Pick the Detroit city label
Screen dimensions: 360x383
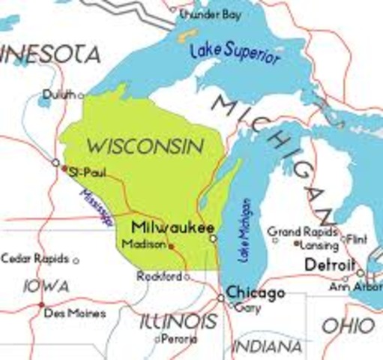coord(329,265)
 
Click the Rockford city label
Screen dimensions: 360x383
coord(160,277)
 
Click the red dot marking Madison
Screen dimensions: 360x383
coord(171,245)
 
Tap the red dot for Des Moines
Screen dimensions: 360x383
coord(42,305)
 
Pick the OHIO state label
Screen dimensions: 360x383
coord(347,325)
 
